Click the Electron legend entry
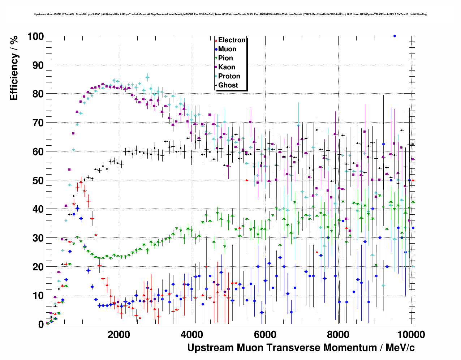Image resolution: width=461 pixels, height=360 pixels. (x=232, y=40)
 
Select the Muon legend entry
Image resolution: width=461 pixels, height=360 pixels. (x=227, y=49)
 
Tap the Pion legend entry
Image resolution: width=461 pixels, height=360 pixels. (x=225, y=58)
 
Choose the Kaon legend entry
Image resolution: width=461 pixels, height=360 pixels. (x=227, y=67)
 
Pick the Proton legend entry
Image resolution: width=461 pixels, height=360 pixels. (x=229, y=76)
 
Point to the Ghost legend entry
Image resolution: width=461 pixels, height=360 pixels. (x=228, y=85)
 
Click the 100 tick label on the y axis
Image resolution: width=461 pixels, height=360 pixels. (x=35, y=37)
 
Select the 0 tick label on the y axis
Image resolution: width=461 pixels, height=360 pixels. (x=41, y=324)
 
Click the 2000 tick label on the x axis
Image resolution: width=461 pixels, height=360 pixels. (x=119, y=334)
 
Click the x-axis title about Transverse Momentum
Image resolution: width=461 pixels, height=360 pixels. (x=301, y=348)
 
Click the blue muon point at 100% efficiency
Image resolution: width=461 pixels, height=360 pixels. (x=395, y=36)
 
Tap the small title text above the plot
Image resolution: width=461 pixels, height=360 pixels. (x=231, y=14)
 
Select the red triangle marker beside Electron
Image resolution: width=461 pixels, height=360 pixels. (x=216, y=40)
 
